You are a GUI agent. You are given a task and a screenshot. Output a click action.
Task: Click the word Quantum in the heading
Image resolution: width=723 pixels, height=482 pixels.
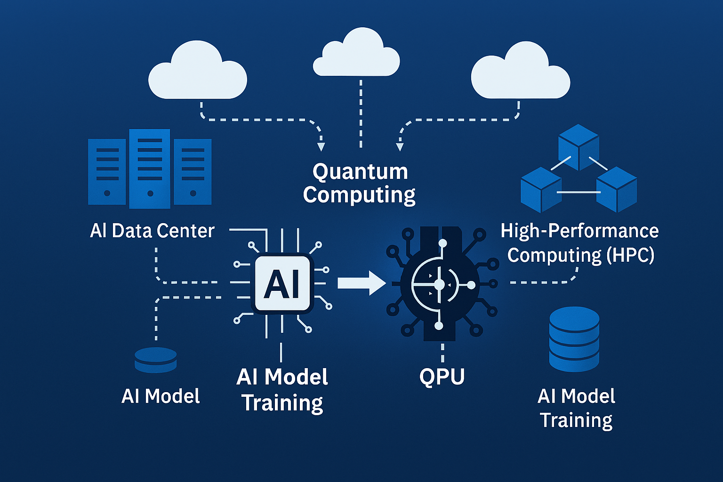pos(360,172)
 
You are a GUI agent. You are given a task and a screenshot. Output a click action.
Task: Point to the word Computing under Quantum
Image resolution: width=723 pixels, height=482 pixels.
pos(359,195)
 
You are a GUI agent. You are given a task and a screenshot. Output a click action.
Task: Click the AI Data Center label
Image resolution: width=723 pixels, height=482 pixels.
pos(152,231)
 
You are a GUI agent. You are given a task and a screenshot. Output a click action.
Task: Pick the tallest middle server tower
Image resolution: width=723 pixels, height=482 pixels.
pos(150,169)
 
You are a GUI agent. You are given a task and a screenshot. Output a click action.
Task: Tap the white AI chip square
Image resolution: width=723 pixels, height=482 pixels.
pos(282,283)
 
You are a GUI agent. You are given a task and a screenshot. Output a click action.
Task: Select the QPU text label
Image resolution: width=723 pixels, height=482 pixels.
pos(442,377)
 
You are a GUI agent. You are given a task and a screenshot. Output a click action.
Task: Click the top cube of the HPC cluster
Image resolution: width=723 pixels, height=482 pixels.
pos(578,146)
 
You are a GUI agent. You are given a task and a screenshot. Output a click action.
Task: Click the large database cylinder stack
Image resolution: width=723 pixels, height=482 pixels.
pos(574,338)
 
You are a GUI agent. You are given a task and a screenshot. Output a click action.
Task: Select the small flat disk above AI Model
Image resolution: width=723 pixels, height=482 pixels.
pos(156,360)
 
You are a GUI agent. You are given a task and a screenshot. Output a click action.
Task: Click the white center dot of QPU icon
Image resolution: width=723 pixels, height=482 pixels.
pos(439,285)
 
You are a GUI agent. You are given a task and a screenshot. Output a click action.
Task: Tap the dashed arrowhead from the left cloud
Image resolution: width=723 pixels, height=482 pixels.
pos(321,146)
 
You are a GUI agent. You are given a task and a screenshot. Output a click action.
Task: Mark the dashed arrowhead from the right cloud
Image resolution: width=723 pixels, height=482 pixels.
pos(400,146)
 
